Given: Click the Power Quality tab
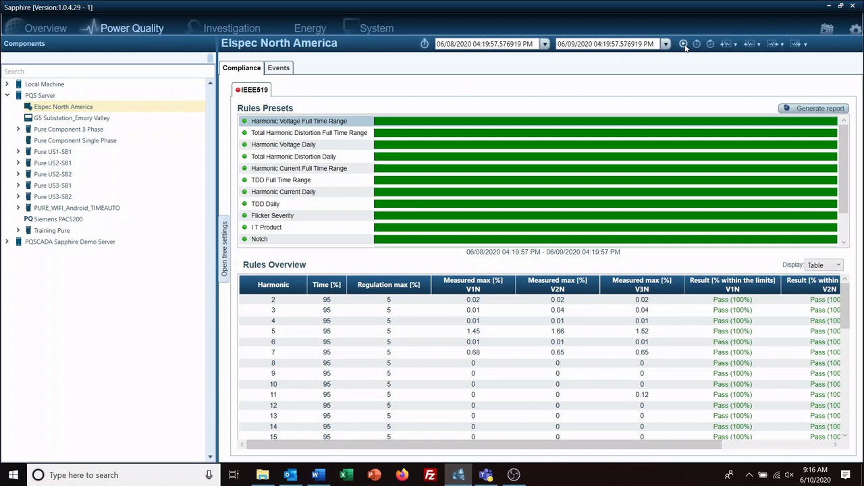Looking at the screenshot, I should (x=132, y=28).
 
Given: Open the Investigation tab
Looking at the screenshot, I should (x=232, y=28).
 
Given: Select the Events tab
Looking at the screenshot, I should (x=278, y=67).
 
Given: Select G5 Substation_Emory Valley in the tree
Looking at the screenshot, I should (x=72, y=118).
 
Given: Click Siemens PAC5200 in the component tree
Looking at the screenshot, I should (x=58, y=219).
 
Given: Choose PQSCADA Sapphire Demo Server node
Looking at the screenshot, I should (x=70, y=242).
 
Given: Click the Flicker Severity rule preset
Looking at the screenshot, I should (x=272, y=215).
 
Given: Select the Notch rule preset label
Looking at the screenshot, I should (x=259, y=239).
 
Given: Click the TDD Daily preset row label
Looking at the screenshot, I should (x=265, y=204).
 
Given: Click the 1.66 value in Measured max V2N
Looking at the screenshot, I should (x=557, y=331).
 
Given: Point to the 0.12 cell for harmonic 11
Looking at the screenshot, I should (x=641, y=395).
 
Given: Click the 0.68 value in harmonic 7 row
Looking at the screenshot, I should (x=473, y=352).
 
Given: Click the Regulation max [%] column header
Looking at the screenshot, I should (x=388, y=285).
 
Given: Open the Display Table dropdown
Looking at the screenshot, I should (x=823, y=265).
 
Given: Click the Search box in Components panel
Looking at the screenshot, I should (x=105, y=72).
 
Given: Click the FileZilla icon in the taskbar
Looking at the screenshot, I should (x=430, y=475).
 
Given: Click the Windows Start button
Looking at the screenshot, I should (x=13, y=475).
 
